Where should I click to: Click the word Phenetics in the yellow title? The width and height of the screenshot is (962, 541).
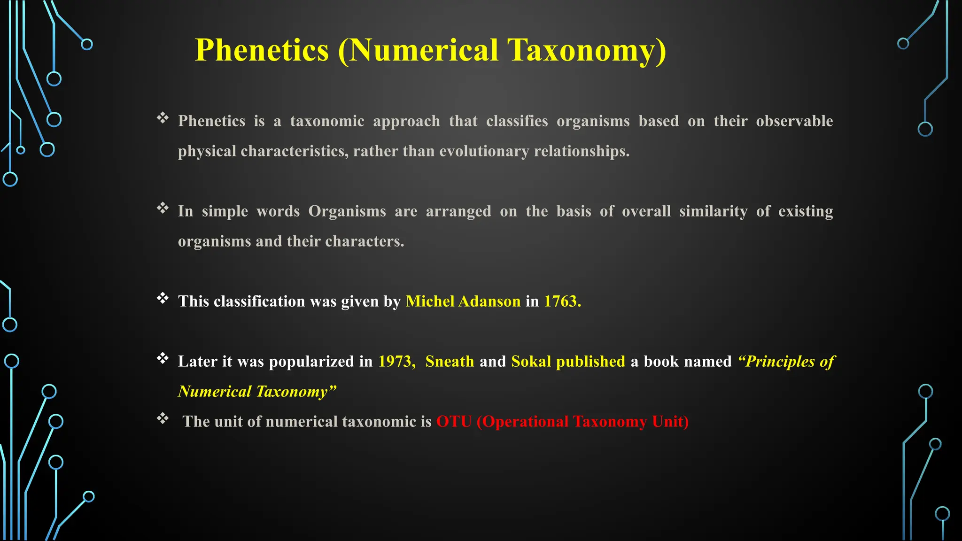pyautogui.click(x=262, y=50)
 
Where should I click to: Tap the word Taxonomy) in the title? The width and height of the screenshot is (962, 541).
pyautogui.click(x=586, y=50)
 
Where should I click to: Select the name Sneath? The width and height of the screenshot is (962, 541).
pyautogui.click(x=450, y=361)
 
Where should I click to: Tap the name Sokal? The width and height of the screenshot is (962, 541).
pyautogui.click(x=531, y=361)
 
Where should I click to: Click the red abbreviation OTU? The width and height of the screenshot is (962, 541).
pyautogui.click(x=454, y=421)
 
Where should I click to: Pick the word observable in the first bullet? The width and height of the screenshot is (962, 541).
pyautogui.click(x=794, y=121)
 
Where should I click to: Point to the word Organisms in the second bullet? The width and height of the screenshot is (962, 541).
pyautogui.click(x=347, y=211)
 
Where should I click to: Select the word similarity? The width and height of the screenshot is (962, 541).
pyautogui.click(x=713, y=211)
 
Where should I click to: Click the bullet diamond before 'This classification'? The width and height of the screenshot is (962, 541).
pyautogui.click(x=163, y=298)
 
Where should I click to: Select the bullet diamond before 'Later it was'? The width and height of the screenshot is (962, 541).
pyautogui.click(x=163, y=358)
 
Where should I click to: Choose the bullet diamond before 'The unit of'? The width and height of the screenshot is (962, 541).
pyautogui.click(x=163, y=418)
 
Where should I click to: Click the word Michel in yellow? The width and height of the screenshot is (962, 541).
pyautogui.click(x=430, y=301)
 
